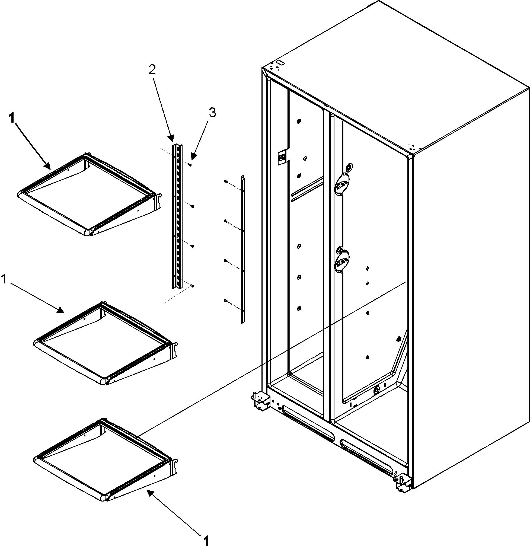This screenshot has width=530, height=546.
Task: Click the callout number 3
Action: [x=212, y=113]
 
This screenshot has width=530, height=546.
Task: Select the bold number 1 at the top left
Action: [x=11, y=118]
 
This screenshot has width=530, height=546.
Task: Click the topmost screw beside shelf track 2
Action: [x=190, y=165]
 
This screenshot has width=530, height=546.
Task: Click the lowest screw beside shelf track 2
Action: [x=192, y=286]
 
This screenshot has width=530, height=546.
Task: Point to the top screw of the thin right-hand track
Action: [x=225, y=181]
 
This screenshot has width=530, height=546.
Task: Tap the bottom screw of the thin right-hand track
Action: [x=225, y=300]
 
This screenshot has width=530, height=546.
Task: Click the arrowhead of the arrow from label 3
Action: [x=193, y=156]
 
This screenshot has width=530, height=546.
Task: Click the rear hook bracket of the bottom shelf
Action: [x=175, y=467]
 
